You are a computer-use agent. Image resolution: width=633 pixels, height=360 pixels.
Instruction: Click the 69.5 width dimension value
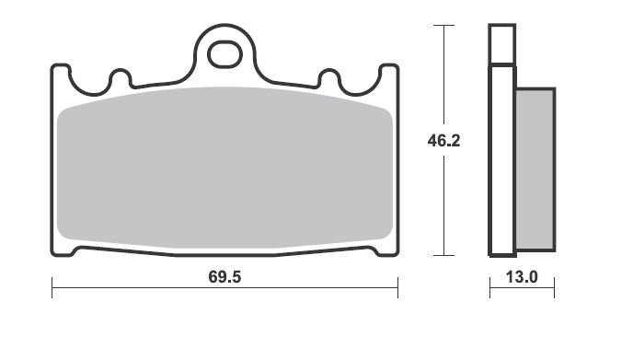[224, 277]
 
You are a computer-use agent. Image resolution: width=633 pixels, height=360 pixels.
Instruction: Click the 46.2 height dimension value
[443, 141]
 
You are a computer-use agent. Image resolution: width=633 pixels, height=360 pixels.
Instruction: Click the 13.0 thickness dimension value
[522, 277]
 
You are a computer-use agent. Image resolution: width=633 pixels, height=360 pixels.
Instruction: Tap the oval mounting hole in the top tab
[224, 54]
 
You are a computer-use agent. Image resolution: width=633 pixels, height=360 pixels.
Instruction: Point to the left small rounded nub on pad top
[121, 77]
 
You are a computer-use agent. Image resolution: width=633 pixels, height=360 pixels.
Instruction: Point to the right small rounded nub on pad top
[329, 77]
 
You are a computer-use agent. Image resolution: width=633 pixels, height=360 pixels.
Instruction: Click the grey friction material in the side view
[535, 169]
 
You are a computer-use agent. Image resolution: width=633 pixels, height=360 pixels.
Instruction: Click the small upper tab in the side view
[502, 44]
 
